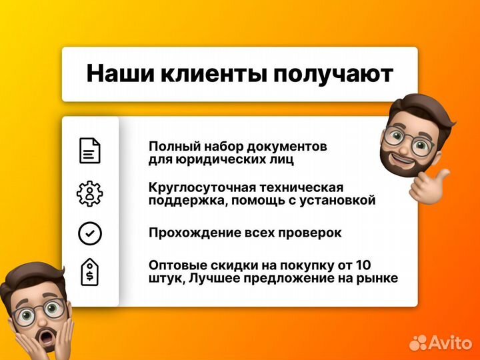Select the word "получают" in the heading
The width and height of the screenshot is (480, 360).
tap(332, 74)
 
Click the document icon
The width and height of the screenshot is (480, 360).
tap(90, 151)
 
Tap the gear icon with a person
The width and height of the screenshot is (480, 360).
tap(90, 193)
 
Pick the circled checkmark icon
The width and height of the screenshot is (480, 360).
tap(90, 233)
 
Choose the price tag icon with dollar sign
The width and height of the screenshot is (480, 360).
tap(90, 271)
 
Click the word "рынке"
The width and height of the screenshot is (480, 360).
tap(379, 278)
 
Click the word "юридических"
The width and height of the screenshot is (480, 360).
tap(219, 159)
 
